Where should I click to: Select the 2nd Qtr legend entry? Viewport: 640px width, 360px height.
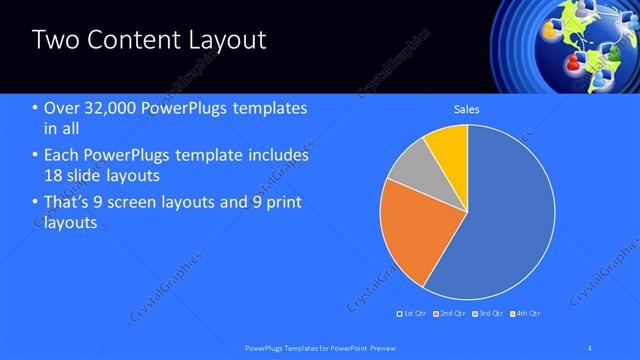tap(449, 314)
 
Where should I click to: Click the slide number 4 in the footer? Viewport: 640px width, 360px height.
tap(591, 347)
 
